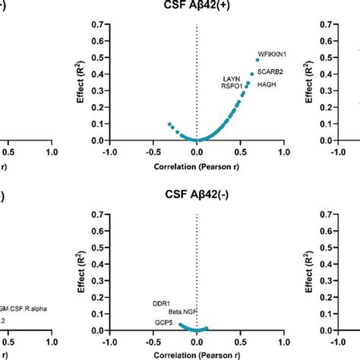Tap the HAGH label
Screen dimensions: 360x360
[267, 84]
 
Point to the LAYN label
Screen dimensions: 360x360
[231, 78]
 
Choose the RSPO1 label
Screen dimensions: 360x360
[232, 86]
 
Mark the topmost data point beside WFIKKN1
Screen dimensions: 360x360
[257, 59]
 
